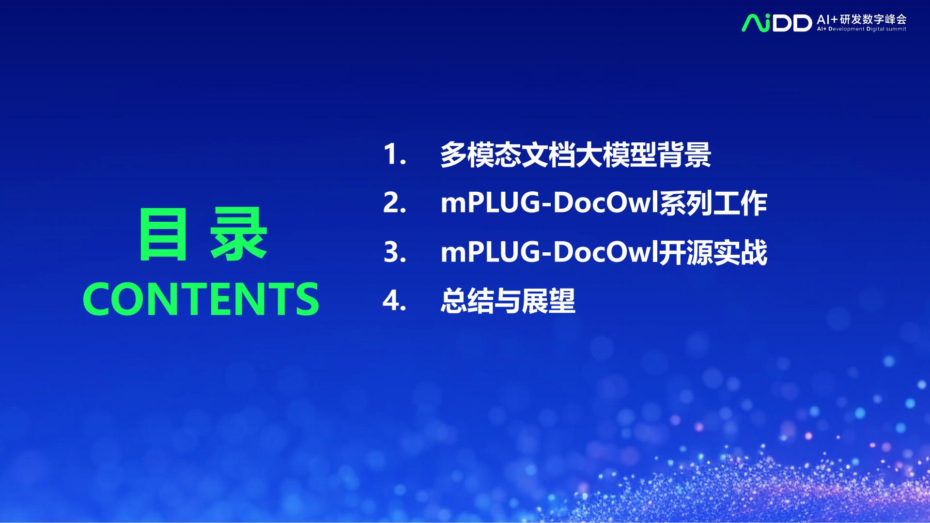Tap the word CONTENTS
click(201, 299)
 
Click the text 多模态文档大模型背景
click(575, 155)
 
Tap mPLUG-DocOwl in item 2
click(549, 203)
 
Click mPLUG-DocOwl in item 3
click(549, 252)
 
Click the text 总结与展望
click(508, 301)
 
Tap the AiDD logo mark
click(776, 23)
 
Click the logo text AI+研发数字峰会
click(861, 19)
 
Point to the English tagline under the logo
click(861, 29)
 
